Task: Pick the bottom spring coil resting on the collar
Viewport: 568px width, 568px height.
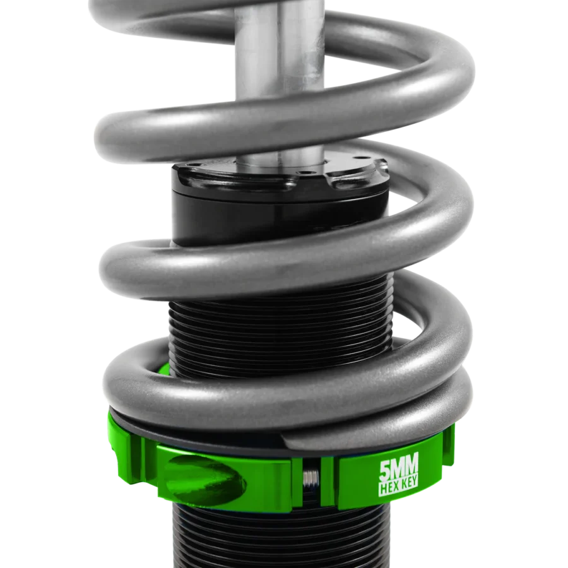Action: coord(284,391)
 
